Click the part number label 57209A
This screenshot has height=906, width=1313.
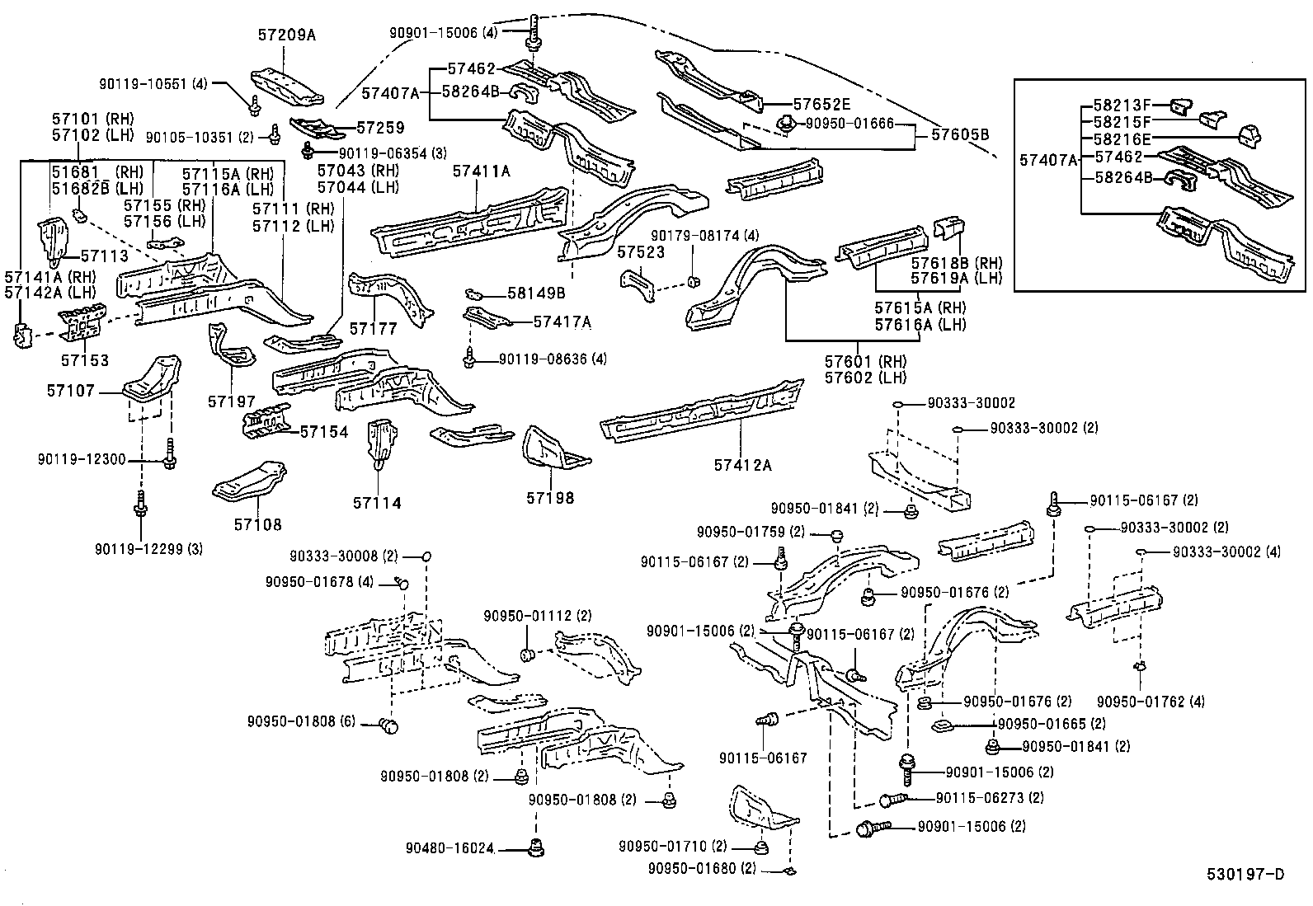pyautogui.click(x=287, y=35)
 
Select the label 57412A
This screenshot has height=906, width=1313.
pyautogui.click(x=742, y=466)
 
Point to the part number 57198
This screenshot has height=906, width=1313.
pyautogui.click(x=550, y=498)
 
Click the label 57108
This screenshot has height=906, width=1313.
pyautogui.click(x=257, y=524)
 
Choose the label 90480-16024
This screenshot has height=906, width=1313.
pyautogui.click(x=449, y=847)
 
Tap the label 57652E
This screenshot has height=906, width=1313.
pyautogui.click(x=821, y=104)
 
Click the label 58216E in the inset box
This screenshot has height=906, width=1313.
pyautogui.click(x=1122, y=139)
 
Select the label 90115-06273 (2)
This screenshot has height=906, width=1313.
pyautogui.click(x=990, y=798)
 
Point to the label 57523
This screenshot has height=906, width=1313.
pyautogui.click(x=641, y=253)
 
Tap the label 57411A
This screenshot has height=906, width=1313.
pyautogui.click(x=482, y=171)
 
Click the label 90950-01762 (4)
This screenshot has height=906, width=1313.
pyautogui.click(x=1151, y=702)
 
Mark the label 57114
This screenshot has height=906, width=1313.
pyautogui.click(x=377, y=503)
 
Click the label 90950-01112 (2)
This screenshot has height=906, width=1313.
pyautogui.click(x=538, y=616)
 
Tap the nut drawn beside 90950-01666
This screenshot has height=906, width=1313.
pyautogui.click(x=786, y=125)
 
